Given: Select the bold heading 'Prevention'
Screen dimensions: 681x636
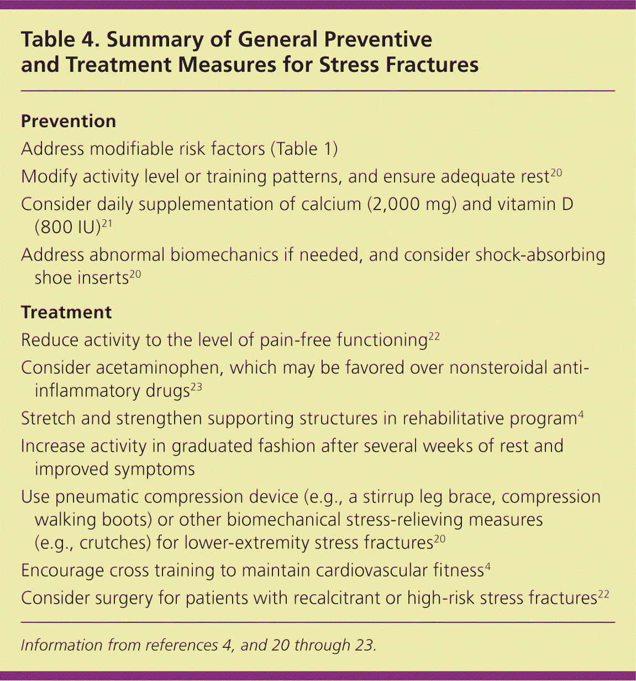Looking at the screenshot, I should pos(69,121).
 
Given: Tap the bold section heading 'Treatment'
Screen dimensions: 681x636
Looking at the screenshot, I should pos(66,312).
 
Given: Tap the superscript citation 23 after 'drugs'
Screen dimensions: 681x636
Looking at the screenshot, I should pos(196,387).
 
